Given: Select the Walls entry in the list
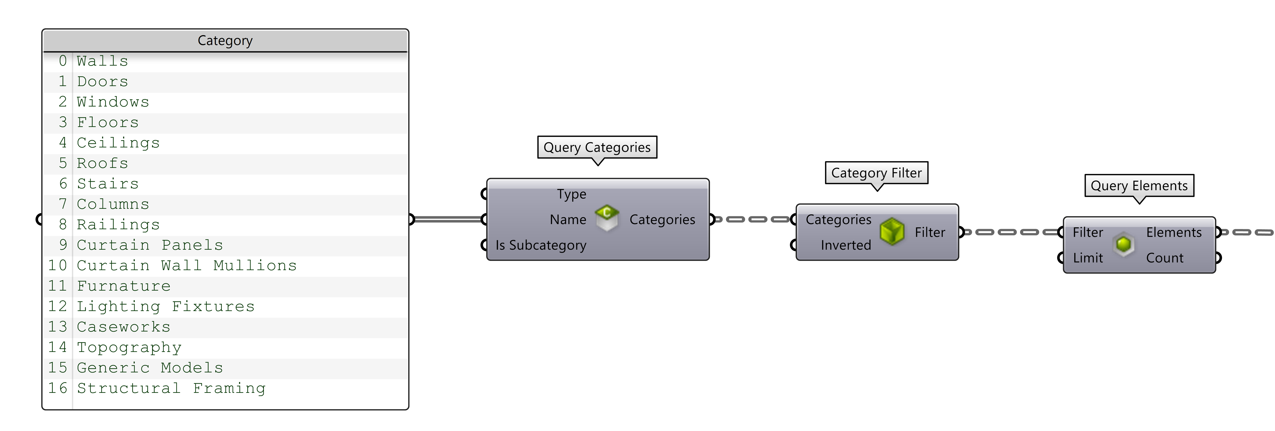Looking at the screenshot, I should pyautogui.click(x=103, y=61).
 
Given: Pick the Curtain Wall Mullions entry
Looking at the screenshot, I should pyautogui.click(x=187, y=266).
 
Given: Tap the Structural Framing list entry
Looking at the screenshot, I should pyautogui.click(x=171, y=388).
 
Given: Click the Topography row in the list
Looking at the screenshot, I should pyautogui.click(x=129, y=347).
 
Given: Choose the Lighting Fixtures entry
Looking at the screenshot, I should pyautogui.click(x=166, y=307).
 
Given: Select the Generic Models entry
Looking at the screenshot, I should pyautogui.click(x=150, y=368).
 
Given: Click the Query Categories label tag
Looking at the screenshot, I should pyautogui.click(x=597, y=147).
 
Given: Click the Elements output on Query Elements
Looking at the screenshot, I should pyautogui.click(x=1174, y=233).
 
